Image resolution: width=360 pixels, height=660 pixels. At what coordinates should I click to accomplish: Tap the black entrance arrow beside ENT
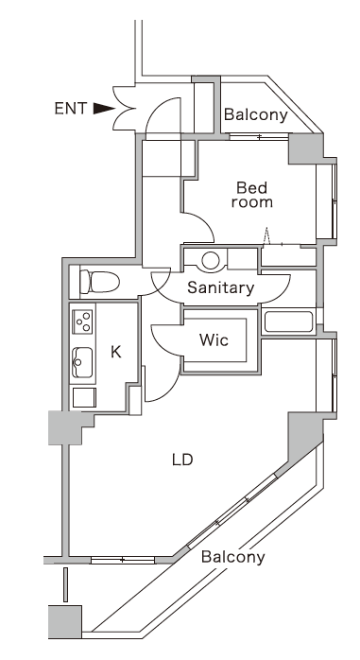tap(103, 109)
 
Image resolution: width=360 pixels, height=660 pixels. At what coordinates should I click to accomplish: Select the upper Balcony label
tap(255, 115)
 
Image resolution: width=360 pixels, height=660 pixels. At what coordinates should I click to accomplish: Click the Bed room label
tap(253, 195)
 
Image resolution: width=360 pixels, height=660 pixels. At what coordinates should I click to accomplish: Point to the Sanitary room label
tap(220, 287)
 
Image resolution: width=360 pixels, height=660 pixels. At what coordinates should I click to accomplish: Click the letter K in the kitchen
tap(116, 352)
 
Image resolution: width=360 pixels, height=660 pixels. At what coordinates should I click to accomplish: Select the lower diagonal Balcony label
tap(232, 557)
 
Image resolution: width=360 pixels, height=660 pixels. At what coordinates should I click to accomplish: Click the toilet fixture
tap(95, 282)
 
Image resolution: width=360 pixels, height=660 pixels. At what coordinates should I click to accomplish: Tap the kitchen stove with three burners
tap(82, 321)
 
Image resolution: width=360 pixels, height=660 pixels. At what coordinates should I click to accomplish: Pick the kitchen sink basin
tap(82, 360)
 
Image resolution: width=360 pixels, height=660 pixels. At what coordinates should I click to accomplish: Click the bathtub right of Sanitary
tap(289, 321)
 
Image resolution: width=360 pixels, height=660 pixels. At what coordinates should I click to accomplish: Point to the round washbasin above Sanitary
tap(210, 258)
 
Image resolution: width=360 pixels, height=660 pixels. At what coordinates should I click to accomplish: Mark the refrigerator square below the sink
tap(82, 396)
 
